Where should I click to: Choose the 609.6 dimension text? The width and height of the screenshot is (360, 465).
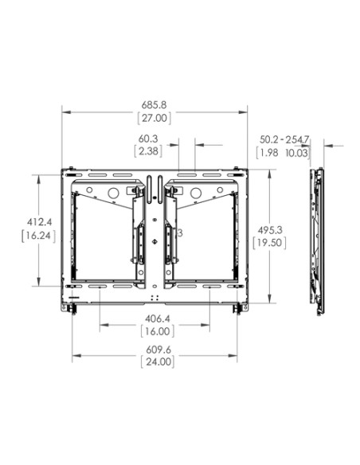[x=156, y=349]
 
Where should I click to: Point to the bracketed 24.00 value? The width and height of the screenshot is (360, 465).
[x=156, y=361]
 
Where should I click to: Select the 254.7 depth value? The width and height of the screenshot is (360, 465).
[x=297, y=139]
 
